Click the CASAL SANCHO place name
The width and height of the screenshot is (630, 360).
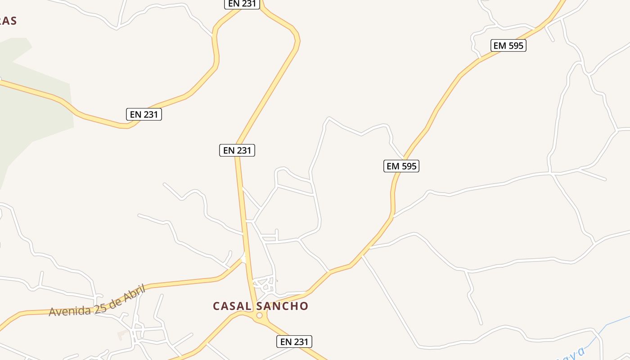tap(261, 306)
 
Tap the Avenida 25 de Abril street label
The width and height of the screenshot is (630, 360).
tap(97, 300)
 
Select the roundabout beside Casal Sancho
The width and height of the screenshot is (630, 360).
tap(259, 316)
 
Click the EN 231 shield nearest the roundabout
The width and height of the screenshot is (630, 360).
tap(294, 342)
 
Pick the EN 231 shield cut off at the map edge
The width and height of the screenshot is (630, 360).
tap(242, 4)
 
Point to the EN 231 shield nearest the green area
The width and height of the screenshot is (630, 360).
tap(144, 114)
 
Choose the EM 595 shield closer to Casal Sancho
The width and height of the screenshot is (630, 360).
tap(402, 166)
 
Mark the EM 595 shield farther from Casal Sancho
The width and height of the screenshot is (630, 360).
tap(508, 45)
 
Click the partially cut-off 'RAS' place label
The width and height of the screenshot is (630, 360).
tap(8, 21)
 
